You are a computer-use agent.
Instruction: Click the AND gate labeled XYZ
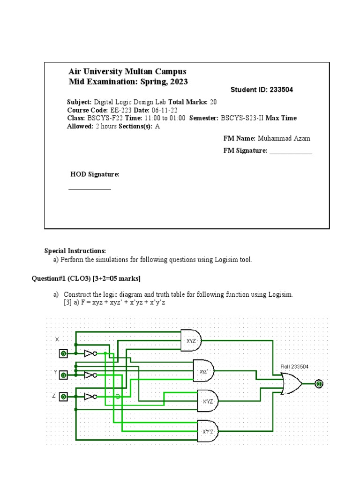pyautogui.click(x=191, y=340)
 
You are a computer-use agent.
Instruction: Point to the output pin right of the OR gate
pyautogui.click(x=319, y=384)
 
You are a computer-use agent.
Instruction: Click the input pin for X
pyautogui.click(x=63, y=353)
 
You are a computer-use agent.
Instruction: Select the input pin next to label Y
pyautogui.click(x=63, y=375)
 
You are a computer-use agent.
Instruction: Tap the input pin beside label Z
pyautogui.click(x=63, y=397)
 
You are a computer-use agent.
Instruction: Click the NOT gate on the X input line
pyautogui.click(x=90, y=353)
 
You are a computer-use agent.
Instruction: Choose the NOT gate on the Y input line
pyautogui.click(x=90, y=375)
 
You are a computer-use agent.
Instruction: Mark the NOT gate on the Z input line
pyautogui.click(x=90, y=397)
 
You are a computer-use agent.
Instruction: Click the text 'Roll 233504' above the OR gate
pyautogui.click(x=294, y=366)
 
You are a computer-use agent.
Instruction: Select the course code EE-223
pyautogui.click(x=121, y=110)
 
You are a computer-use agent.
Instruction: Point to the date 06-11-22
pyautogui.click(x=162, y=110)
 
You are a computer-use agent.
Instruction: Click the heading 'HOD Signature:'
pyautogui.click(x=95, y=174)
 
